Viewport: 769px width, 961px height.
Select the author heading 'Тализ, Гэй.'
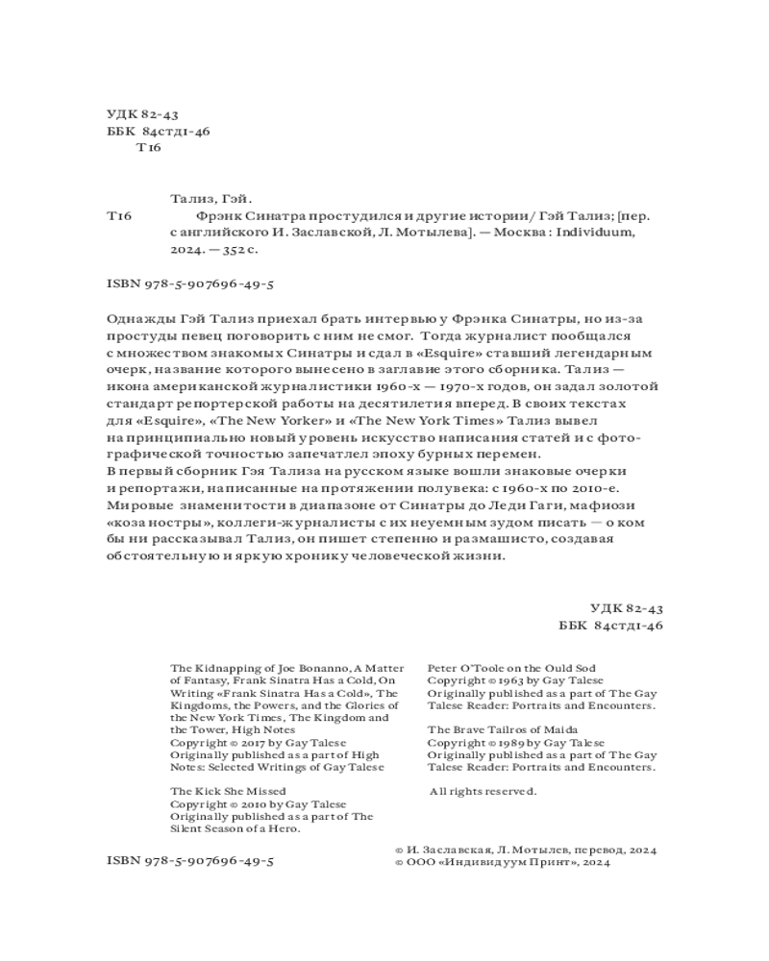pos(209,200)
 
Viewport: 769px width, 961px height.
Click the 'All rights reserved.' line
pos(482,791)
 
